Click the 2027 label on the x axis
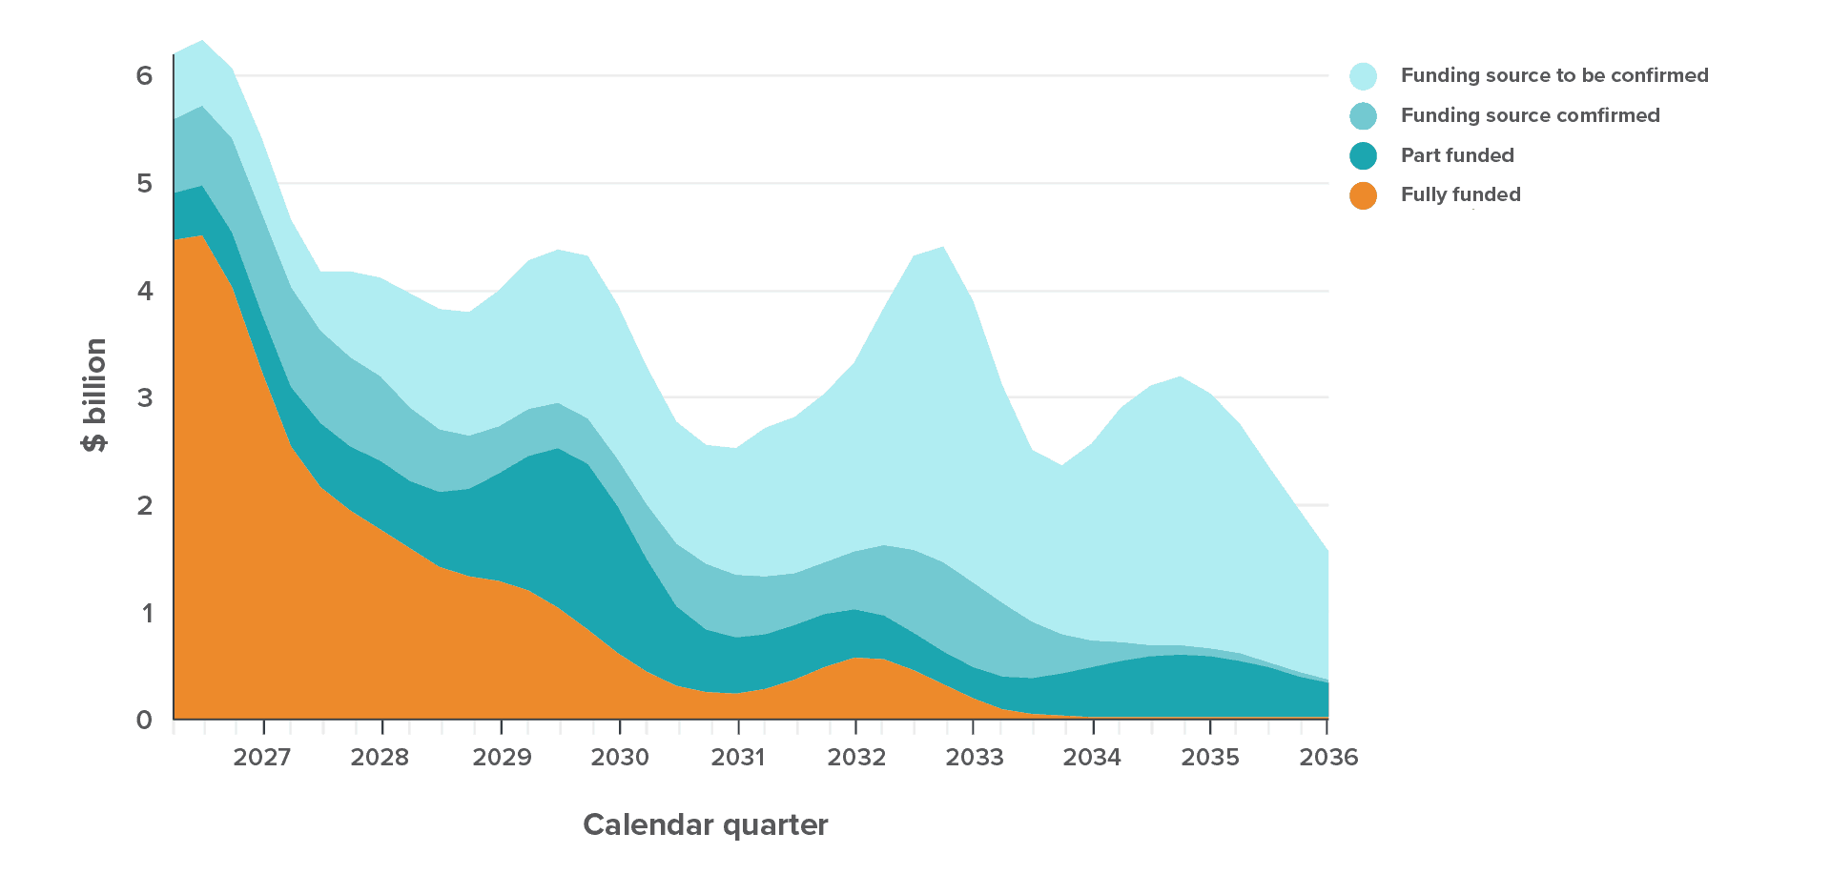coord(261,758)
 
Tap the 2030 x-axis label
coord(619,758)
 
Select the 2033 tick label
coord(974,758)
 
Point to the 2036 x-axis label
coord(1328,758)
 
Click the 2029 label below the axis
coord(502,758)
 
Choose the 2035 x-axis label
coord(1210,758)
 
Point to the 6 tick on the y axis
coord(145,75)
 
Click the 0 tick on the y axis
coord(145,720)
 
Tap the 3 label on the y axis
coord(145,397)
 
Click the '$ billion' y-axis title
coord(95,396)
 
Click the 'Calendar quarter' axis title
coord(706,824)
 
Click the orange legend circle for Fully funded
coord(1364,195)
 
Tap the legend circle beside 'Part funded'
coord(1364,155)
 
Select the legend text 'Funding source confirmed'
coord(1530,115)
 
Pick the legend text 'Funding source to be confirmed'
coord(1553,75)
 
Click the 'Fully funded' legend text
coord(1460,194)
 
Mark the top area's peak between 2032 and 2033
coord(943,247)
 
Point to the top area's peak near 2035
coord(1181,377)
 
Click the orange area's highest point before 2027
coord(202,235)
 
